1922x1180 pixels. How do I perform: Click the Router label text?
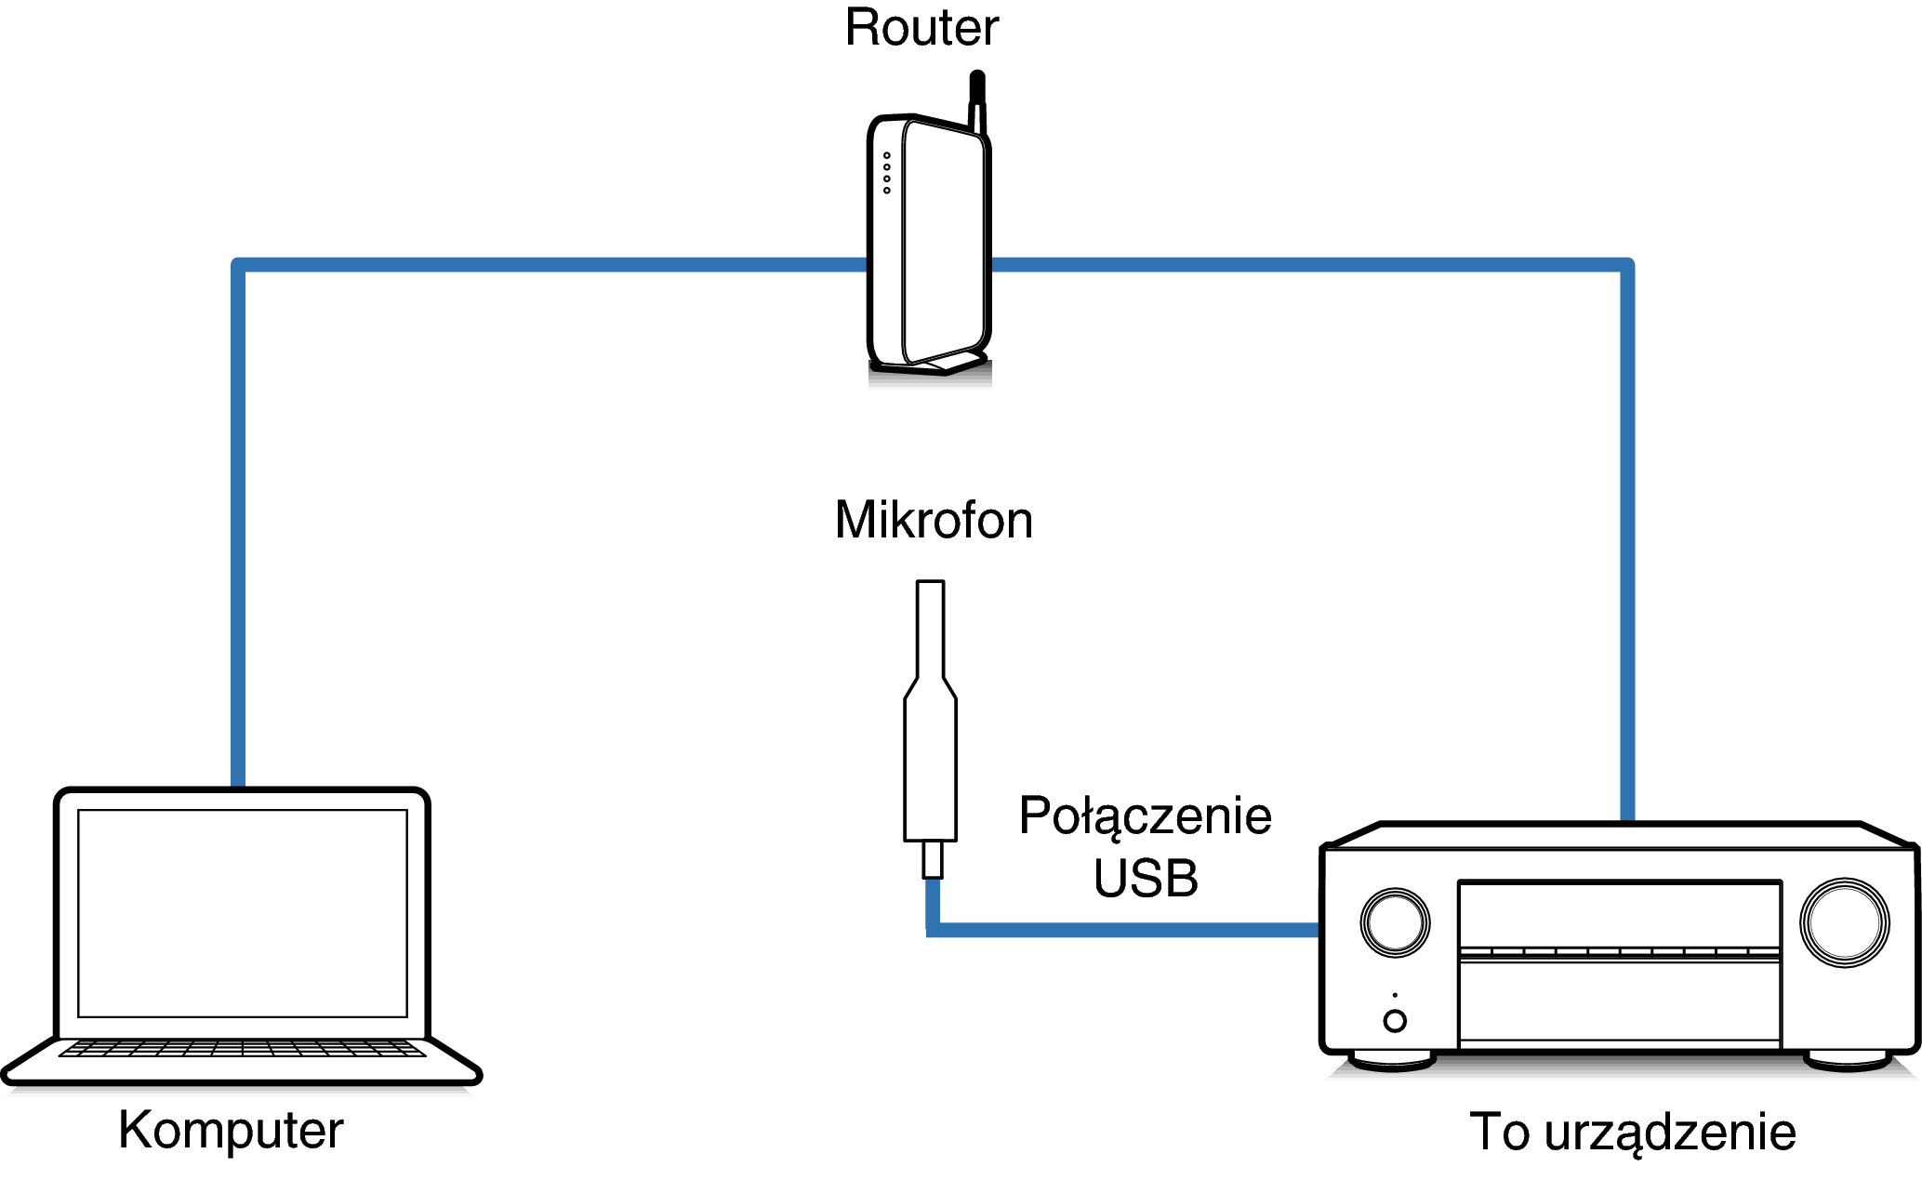coord(921,28)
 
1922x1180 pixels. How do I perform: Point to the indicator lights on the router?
coord(887,173)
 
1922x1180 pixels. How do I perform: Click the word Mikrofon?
coord(933,520)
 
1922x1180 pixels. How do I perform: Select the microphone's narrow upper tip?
coord(930,628)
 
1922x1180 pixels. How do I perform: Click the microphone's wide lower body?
coord(930,772)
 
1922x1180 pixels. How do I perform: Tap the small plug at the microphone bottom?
coord(932,859)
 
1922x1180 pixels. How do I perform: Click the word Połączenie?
coord(1145,815)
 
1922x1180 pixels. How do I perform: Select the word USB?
coord(1145,879)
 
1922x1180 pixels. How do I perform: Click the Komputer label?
coord(231,1131)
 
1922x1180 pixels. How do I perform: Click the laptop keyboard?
coord(242,1049)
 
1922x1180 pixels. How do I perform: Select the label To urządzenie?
coord(1632,1132)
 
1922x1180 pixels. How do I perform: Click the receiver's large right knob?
coord(1844,922)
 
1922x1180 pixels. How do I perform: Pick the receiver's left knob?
coord(1395,922)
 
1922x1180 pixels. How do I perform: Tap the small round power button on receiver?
coord(1395,1021)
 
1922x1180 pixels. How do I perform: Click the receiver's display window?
coord(1619,916)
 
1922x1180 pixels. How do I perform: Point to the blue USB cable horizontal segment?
coord(1125,930)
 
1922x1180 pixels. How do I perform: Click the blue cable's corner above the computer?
coord(239,266)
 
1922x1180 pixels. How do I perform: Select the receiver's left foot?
coord(1392,1060)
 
